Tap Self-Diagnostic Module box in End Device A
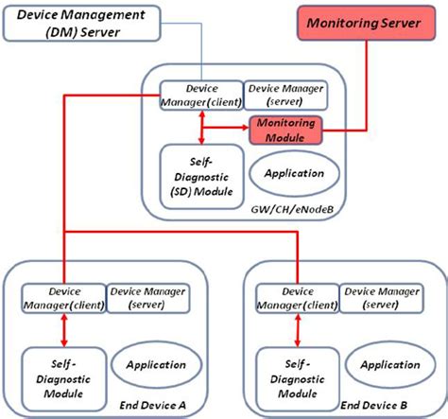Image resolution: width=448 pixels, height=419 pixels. [62, 376]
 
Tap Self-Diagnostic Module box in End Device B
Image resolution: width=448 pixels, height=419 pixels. [298, 376]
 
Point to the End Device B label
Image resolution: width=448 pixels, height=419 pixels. [389, 404]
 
